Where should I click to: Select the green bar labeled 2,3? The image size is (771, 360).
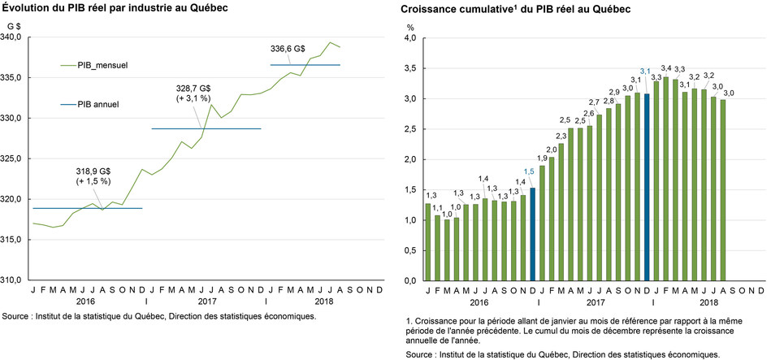(x=561, y=211)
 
